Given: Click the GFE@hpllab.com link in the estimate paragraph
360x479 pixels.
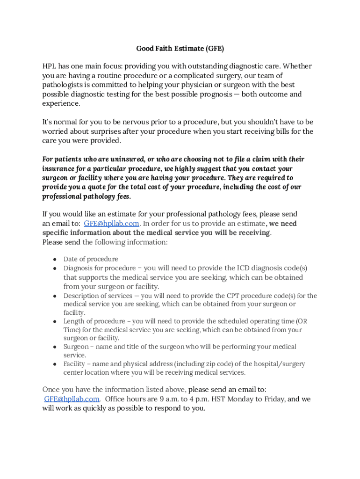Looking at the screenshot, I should coord(111,224).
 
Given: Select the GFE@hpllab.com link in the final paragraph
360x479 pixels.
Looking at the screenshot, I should coord(72,399).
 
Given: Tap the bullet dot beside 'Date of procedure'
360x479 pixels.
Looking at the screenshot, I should coord(55,259).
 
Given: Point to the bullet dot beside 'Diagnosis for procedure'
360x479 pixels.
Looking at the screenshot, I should coord(55,269).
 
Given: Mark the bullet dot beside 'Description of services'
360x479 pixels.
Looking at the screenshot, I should coord(55,296).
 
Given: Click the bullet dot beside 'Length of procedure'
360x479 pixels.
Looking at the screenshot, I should coord(55,321).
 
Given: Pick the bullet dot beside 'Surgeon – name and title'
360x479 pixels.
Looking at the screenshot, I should coord(55,347).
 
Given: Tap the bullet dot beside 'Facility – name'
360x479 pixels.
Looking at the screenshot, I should coord(55,364).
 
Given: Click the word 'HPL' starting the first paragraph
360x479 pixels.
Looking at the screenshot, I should coord(50,66).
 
